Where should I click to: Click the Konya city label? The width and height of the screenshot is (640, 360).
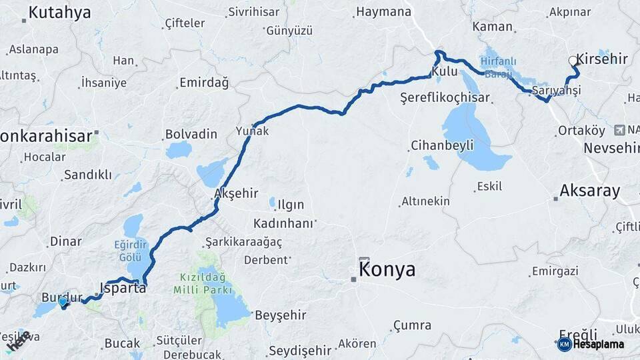point(387,270)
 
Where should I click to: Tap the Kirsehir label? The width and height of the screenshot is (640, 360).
point(602,59)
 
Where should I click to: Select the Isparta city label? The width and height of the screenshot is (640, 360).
point(123,289)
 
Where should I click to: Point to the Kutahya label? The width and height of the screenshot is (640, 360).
point(59,12)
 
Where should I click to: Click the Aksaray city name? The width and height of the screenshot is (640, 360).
point(589,191)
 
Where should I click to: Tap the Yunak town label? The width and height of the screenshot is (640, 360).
point(253,131)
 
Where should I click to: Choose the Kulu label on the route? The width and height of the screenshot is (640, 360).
point(445,71)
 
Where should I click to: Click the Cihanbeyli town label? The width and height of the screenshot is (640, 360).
point(442,145)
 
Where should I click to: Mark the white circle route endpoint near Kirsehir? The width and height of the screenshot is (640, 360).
point(573,61)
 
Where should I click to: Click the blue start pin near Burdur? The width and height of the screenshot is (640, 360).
point(63,302)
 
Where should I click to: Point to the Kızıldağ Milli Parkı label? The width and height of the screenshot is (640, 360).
point(202,283)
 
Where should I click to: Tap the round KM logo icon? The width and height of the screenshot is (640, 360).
point(564,345)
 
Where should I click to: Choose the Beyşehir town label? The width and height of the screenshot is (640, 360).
point(281,315)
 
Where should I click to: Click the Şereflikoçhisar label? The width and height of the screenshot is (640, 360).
point(445,97)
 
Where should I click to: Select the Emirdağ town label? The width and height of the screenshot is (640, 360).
point(204,83)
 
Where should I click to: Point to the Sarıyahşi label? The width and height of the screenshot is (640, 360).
point(557,90)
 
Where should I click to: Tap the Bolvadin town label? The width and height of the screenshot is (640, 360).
point(191,134)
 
